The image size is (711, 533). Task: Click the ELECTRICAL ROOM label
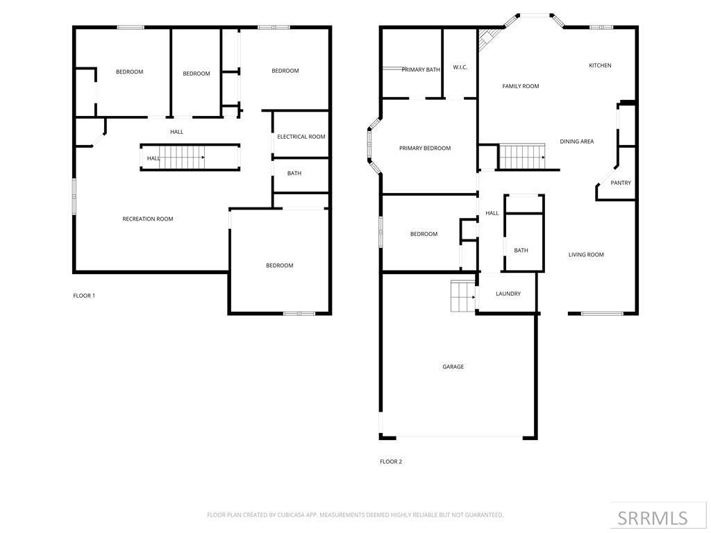click(301, 137)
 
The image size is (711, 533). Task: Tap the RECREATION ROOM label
click(148, 219)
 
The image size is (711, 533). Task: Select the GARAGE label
click(453, 366)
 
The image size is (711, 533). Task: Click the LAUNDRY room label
click(508, 294)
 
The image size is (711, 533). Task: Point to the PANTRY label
click(621, 183)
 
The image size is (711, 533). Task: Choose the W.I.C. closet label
click(460, 67)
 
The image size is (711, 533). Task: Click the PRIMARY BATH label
click(421, 69)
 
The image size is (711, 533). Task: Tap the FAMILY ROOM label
click(521, 86)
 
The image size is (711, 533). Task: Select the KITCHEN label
click(600, 65)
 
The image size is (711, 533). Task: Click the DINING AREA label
click(577, 142)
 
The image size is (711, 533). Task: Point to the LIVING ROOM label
click(586, 255)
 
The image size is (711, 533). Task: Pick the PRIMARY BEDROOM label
click(425, 148)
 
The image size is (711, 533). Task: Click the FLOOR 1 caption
click(84, 296)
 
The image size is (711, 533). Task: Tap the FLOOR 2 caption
click(391, 462)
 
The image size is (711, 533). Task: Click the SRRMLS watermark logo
click(653, 518)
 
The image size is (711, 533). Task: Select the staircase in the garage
click(462, 296)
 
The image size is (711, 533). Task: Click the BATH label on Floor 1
click(294, 174)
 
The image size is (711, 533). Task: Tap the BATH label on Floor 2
click(521, 251)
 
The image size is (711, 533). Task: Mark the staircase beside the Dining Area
click(523, 157)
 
